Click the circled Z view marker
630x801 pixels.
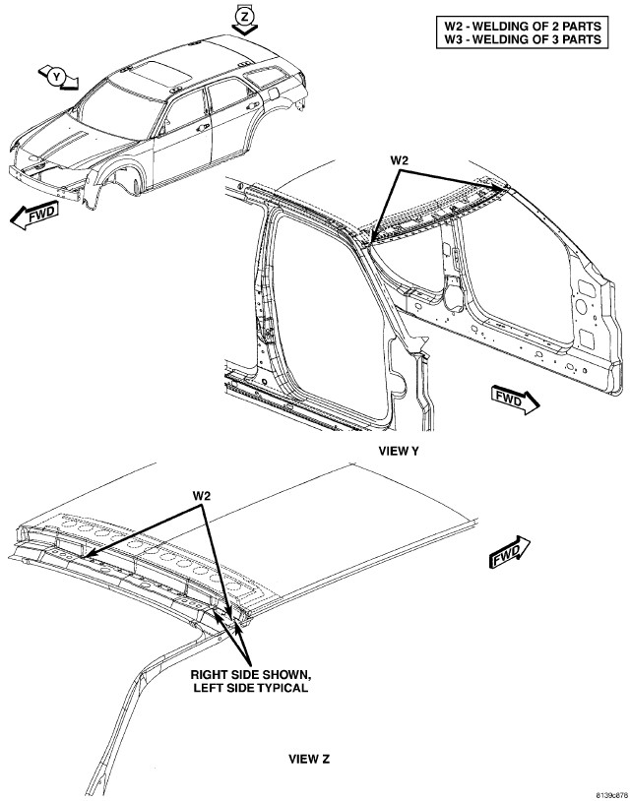pyautogui.click(x=245, y=17)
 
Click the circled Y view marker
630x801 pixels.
pyautogui.click(x=57, y=77)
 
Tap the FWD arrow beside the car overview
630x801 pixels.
pyautogui.click(x=34, y=215)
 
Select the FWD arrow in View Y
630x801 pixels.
pyautogui.click(x=515, y=400)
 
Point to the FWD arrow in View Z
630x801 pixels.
pyautogui.click(x=510, y=552)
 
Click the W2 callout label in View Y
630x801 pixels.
pyautogui.click(x=399, y=160)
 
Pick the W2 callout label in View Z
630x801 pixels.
pyautogui.click(x=202, y=495)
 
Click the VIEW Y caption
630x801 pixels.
pyautogui.click(x=399, y=451)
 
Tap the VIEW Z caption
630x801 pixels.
pyautogui.click(x=309, y=759)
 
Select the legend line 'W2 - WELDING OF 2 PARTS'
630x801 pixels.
pyautogui.click(x=522, y=26)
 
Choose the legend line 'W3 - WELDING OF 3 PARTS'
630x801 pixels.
pyautogui.click(x=522, y=38)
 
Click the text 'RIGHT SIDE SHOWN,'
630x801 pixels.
pyautogui.click(x=250, y=674)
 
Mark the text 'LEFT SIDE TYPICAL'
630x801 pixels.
pyautogui.click(x=250, y=688)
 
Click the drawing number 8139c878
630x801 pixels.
pyautogui.click(x=612, y=795)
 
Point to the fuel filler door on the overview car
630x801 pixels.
pyautogui.click(x=274, y=93)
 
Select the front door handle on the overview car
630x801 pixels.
pyautogui.click(x=204, y=127)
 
